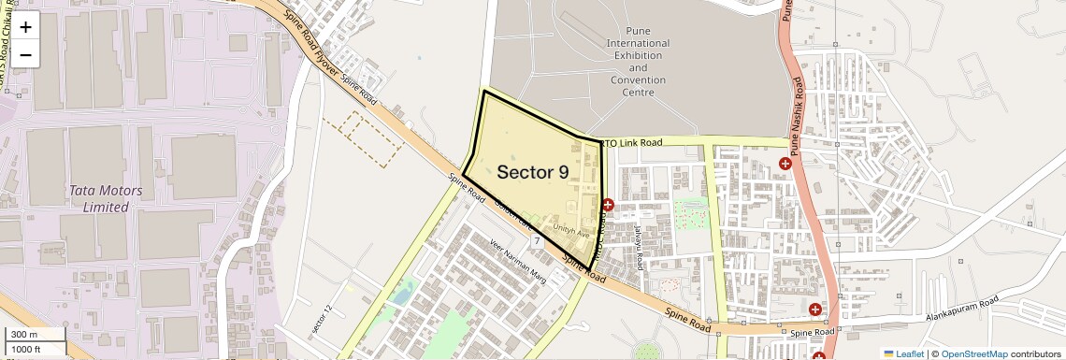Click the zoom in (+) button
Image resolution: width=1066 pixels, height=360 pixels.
click(25, 27)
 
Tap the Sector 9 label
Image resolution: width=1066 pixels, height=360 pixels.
click(532, 172)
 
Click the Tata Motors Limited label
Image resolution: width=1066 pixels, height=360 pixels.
click(106, 198)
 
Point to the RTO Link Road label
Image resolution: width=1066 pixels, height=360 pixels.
click(631, 142)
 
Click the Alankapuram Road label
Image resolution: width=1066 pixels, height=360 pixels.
click(962, 310)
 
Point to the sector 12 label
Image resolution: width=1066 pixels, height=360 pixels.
click(322, 322)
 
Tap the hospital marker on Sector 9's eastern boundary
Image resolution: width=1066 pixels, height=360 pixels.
click(608, 205)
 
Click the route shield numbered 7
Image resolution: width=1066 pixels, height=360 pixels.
click(537, 241)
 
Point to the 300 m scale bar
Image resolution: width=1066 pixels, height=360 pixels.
click(34, 335)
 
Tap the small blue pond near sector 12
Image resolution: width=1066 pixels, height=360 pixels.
click(401, 295)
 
